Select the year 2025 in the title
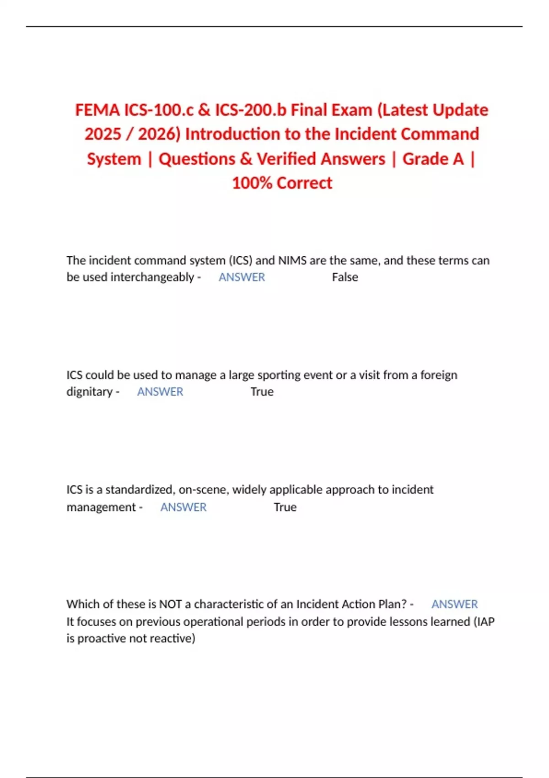tap(102, 135)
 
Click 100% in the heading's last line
tap(252, 183)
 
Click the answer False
tap(345, 277)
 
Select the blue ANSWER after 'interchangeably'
tap(242, 277)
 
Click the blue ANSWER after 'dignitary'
tap(160, 392)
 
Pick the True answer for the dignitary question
tap(262, 392)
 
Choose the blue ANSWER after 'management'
tap(183, 507)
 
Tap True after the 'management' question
tap(285, 507)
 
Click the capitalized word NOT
tap(170, 604)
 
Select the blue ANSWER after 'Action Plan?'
tap(454, 604)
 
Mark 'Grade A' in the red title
tap(433, 159)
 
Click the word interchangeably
tap(152, 277)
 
